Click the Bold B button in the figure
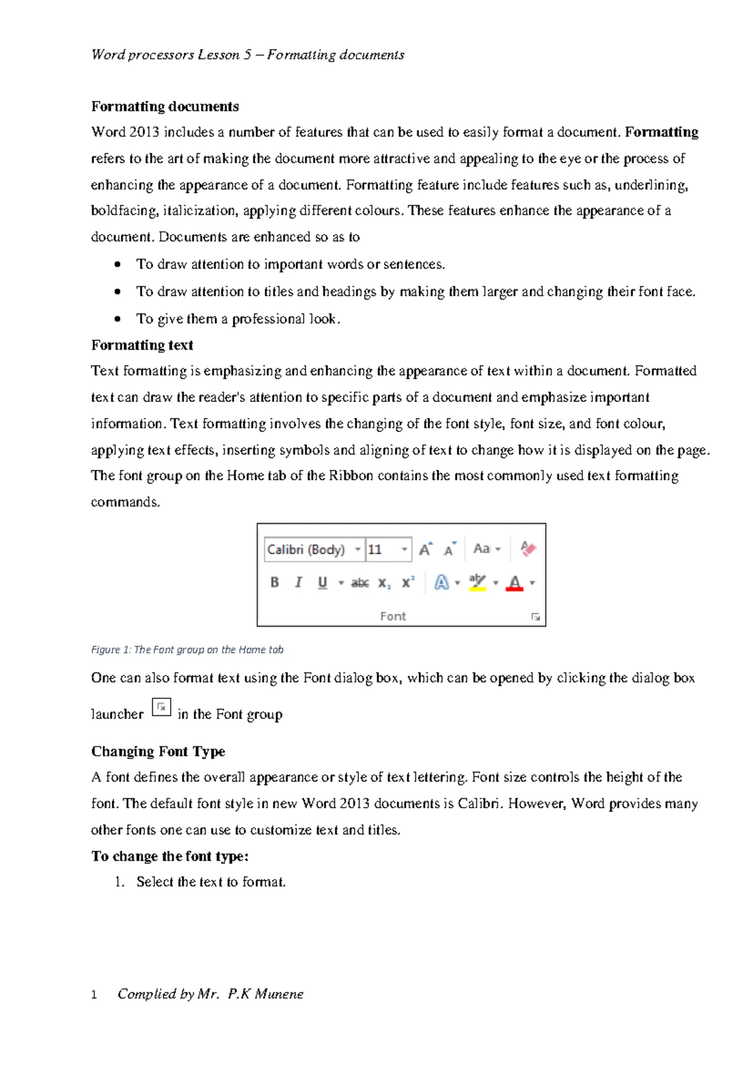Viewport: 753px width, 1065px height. pyautogui.click(x=274, y=582)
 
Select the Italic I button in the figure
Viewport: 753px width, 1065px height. pyautogui.click(x=298, y=582)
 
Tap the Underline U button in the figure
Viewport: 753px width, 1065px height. pyautogui.click(x=323, y=582)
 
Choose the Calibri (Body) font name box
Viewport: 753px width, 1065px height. pyautogui.click(x=307, y=549)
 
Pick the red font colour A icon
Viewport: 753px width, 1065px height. pyautogui.click(x=515, y=583)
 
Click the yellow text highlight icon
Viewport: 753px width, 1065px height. pyautogui.click(x=478, y=582)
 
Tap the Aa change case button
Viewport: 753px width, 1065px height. pyautogui.click(x=482, y=549)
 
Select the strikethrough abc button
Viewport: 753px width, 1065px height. pyautogui.click(x=360, y=583)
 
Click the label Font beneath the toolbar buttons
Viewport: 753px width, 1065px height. pyautogui.click(x=393, y=616)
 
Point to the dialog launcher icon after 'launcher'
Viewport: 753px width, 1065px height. pyautogui.click(x=161, y=707)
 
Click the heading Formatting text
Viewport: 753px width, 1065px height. pyautogui.click(x=142, y=345)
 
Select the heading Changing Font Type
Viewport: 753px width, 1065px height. pyautogui.click(x=158, y=751)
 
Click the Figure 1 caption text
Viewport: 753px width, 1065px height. pyautogui.click(x=187, y=649)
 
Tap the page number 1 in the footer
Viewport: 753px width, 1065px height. pyautogui.click(x=94, y=995)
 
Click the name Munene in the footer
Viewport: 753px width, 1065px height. pyautogui.click(x=279, y=993)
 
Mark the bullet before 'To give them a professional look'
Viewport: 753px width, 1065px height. pyautogui.click(x=117, y=319)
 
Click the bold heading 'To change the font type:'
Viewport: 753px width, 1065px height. pyautogui.click(x=170, y=856)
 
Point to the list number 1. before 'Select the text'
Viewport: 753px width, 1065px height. pyautogui.click(x=120, y=882)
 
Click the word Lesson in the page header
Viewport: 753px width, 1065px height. pyautogui.click(x=218, y=55)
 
